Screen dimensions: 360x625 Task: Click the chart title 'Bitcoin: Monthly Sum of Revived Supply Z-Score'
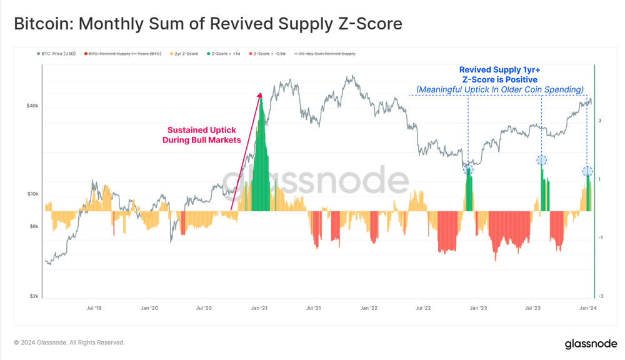pos(207,24)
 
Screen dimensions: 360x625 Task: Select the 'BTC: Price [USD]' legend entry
pos(58,54)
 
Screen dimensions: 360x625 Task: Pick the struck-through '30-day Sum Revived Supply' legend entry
pos(326,54)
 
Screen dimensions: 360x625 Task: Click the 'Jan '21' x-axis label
pos(259,308)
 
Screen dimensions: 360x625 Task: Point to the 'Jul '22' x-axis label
pos(423,308)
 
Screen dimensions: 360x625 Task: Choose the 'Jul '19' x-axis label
pos(94,308)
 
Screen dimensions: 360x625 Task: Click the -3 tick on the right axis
pos(600,296)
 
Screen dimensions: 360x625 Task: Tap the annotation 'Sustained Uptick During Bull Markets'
pos(201,135)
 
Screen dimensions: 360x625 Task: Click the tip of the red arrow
pos(260,93)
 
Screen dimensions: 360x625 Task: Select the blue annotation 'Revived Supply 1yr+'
pos(499,70)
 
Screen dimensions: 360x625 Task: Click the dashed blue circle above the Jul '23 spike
pos(542,161)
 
